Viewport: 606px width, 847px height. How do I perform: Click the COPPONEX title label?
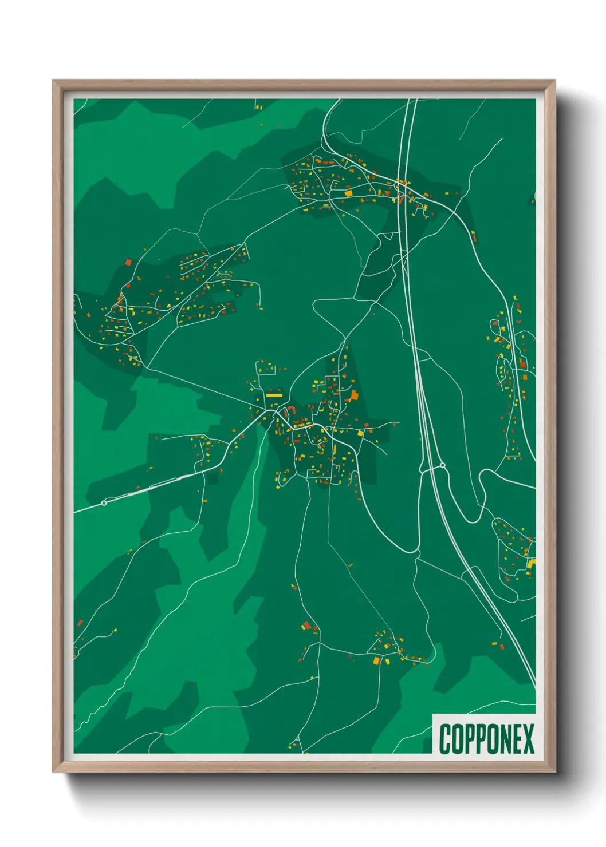(x=486, y=739)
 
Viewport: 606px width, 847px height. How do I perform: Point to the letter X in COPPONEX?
(x=528, y=739)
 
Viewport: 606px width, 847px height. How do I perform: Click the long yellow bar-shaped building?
(x=274, y=395)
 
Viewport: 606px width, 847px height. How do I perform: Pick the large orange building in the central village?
(x=354, y=395)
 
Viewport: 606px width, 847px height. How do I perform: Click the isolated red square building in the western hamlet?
(x=128, y=262)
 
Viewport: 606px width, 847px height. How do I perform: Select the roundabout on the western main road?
(x=104, y=503)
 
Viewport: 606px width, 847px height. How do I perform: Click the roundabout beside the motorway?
(x=442, y=466)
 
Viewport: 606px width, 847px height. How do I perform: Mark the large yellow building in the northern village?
(x=348, y=193)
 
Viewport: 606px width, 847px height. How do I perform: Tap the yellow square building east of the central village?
(x=361, y=433)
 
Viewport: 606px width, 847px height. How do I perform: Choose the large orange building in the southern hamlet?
(x=376, y=661)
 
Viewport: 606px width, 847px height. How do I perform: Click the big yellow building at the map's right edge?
(x=531, y=564)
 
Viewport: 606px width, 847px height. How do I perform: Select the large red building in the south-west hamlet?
(x=306, y=625)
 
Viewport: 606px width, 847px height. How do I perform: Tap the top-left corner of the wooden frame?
(x=53, y=81)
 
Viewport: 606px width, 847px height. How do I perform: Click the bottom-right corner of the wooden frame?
(x=554, y=771)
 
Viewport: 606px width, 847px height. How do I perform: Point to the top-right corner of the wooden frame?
(x=554, y=81)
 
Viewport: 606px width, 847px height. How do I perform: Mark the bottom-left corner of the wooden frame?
(x=53, y=771)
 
